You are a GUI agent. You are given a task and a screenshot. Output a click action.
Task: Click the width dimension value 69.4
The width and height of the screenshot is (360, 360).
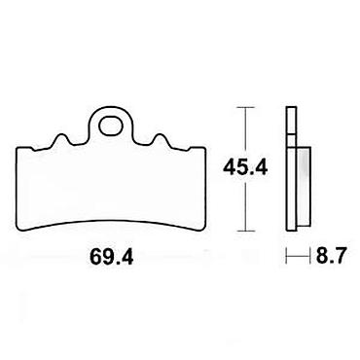(111, 257)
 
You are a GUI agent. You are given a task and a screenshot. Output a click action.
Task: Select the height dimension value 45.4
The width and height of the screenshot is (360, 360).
(245, 168)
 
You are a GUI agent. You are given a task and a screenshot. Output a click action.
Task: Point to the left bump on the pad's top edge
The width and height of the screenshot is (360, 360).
(61, 139)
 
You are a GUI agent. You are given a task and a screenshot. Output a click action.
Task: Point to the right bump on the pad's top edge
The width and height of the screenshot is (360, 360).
(160, 139)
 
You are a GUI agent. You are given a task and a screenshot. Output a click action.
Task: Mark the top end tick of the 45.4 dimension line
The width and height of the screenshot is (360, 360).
(245, 107)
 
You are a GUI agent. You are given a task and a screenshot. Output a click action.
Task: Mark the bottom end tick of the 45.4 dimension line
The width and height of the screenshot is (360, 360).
(245, 231)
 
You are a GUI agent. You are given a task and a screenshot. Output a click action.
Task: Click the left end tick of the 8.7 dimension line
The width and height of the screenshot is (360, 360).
(286, 256)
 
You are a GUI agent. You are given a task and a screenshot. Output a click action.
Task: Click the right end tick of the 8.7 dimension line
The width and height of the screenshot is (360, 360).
(306, 256)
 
